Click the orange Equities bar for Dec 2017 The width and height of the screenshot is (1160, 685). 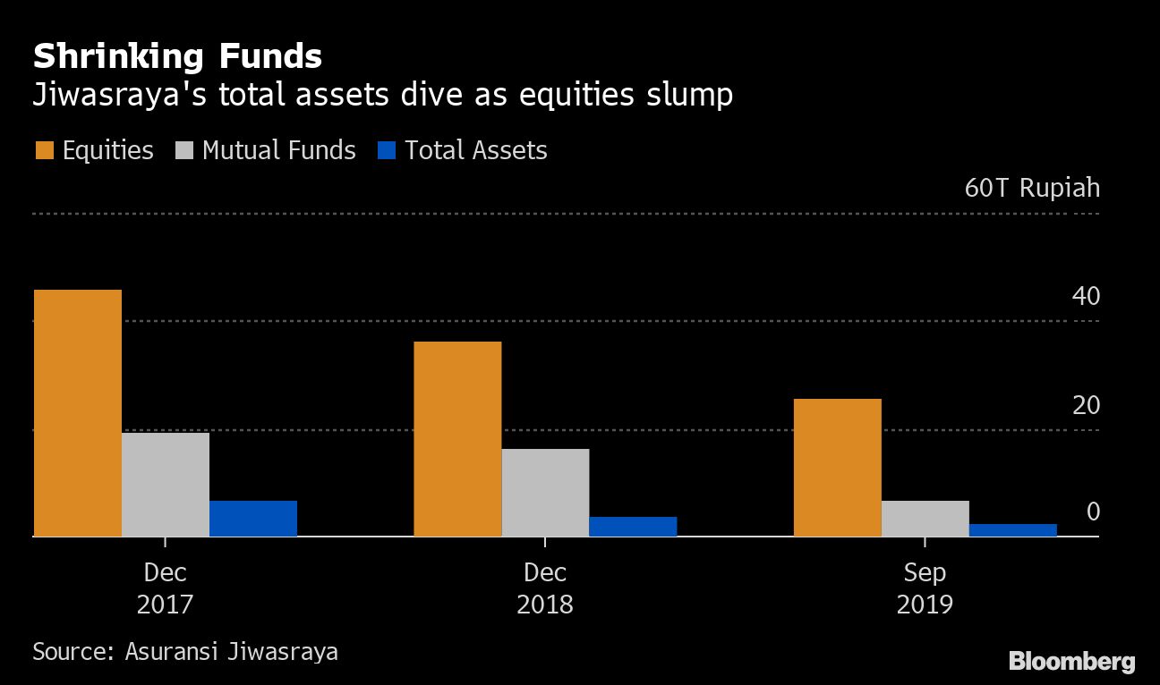[77, 413]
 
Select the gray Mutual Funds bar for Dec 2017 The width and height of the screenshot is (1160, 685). [166, 485]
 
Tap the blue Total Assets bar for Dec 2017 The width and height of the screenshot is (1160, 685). [253, 519]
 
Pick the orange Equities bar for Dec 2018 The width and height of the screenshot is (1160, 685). [457, 439]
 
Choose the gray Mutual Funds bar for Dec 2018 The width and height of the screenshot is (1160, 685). [545, 493]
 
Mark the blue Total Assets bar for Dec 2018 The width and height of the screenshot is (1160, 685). [633, 527]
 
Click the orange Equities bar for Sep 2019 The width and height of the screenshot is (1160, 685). [837, 468]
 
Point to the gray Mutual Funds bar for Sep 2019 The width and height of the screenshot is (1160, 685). [925, 519]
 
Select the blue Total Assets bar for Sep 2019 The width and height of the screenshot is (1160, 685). [1012, 530]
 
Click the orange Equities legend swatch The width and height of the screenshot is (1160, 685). [44, 150]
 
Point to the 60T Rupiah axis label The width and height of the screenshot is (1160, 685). [1032, 189]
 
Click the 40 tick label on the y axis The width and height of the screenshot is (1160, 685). [1086, 296]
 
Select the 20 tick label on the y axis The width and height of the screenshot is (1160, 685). [1086, 405]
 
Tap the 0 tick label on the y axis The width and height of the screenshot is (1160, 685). [1093, 512]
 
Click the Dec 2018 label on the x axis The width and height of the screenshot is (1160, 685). [544, 588]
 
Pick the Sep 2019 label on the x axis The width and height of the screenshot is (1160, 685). [925, 588]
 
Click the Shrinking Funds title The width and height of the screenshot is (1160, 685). [177, 57]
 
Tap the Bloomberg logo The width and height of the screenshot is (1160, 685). [1071, 662]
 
